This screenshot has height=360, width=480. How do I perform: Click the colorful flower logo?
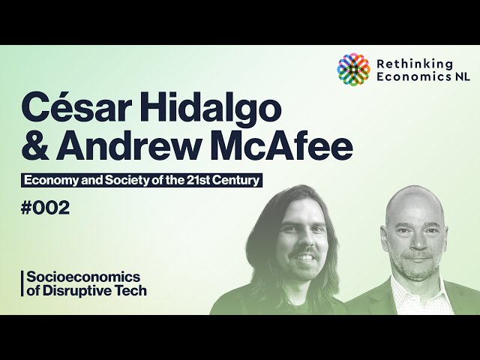click(353, 70)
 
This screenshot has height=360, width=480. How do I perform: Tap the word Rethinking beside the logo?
click(415, 65)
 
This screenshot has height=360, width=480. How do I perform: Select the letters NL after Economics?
click(462, 76)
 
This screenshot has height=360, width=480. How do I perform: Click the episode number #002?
click(45, 208)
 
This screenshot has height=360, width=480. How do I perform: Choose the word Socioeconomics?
click(83, 277)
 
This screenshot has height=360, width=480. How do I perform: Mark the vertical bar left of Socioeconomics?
click(22, 283)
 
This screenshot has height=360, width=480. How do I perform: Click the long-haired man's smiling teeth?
click(304, 257)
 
